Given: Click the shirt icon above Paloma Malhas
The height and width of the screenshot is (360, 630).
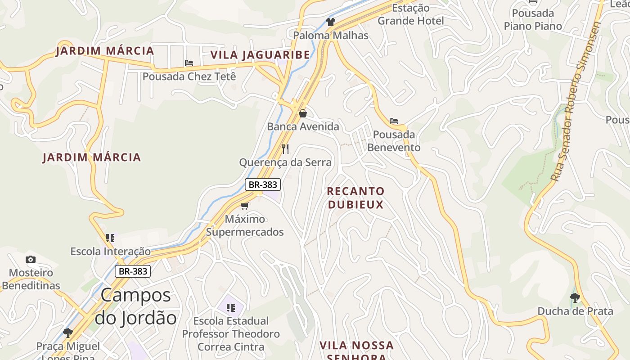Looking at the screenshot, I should point(331,22).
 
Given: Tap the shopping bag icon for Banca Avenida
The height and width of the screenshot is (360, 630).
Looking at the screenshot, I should point(303,113).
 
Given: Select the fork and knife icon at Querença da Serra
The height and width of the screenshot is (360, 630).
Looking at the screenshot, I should point(285,148).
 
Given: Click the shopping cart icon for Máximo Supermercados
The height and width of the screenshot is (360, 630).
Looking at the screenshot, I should point(244,206).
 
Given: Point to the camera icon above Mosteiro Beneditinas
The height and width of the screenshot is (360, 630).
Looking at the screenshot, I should point(31,259).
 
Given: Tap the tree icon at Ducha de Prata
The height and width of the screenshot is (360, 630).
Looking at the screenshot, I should point(575,297).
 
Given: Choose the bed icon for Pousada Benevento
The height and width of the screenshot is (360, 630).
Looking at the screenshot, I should point(394,121).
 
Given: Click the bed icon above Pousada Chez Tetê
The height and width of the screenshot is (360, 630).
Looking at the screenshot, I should point(189,63).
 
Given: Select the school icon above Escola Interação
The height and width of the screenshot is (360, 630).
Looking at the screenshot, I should point(110,238).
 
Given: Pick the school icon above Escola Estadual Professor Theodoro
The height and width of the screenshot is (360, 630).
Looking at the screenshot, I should point(231,308).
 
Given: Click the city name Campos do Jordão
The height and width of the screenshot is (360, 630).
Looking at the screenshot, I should point(135,306).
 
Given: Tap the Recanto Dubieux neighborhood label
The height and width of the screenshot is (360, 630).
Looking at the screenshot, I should point(355,198).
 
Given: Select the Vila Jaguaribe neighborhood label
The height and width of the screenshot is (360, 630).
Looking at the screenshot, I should point(260,55).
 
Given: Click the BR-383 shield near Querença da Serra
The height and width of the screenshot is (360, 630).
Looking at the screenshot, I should point(263,184).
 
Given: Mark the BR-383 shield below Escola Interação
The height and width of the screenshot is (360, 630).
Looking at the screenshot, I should point(132,271).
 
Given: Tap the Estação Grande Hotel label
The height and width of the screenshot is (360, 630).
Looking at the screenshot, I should point(410,14).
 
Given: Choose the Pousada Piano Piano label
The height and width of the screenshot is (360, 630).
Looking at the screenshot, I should point(533,19).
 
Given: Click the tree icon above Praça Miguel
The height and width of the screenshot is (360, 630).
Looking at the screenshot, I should point(68,333).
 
